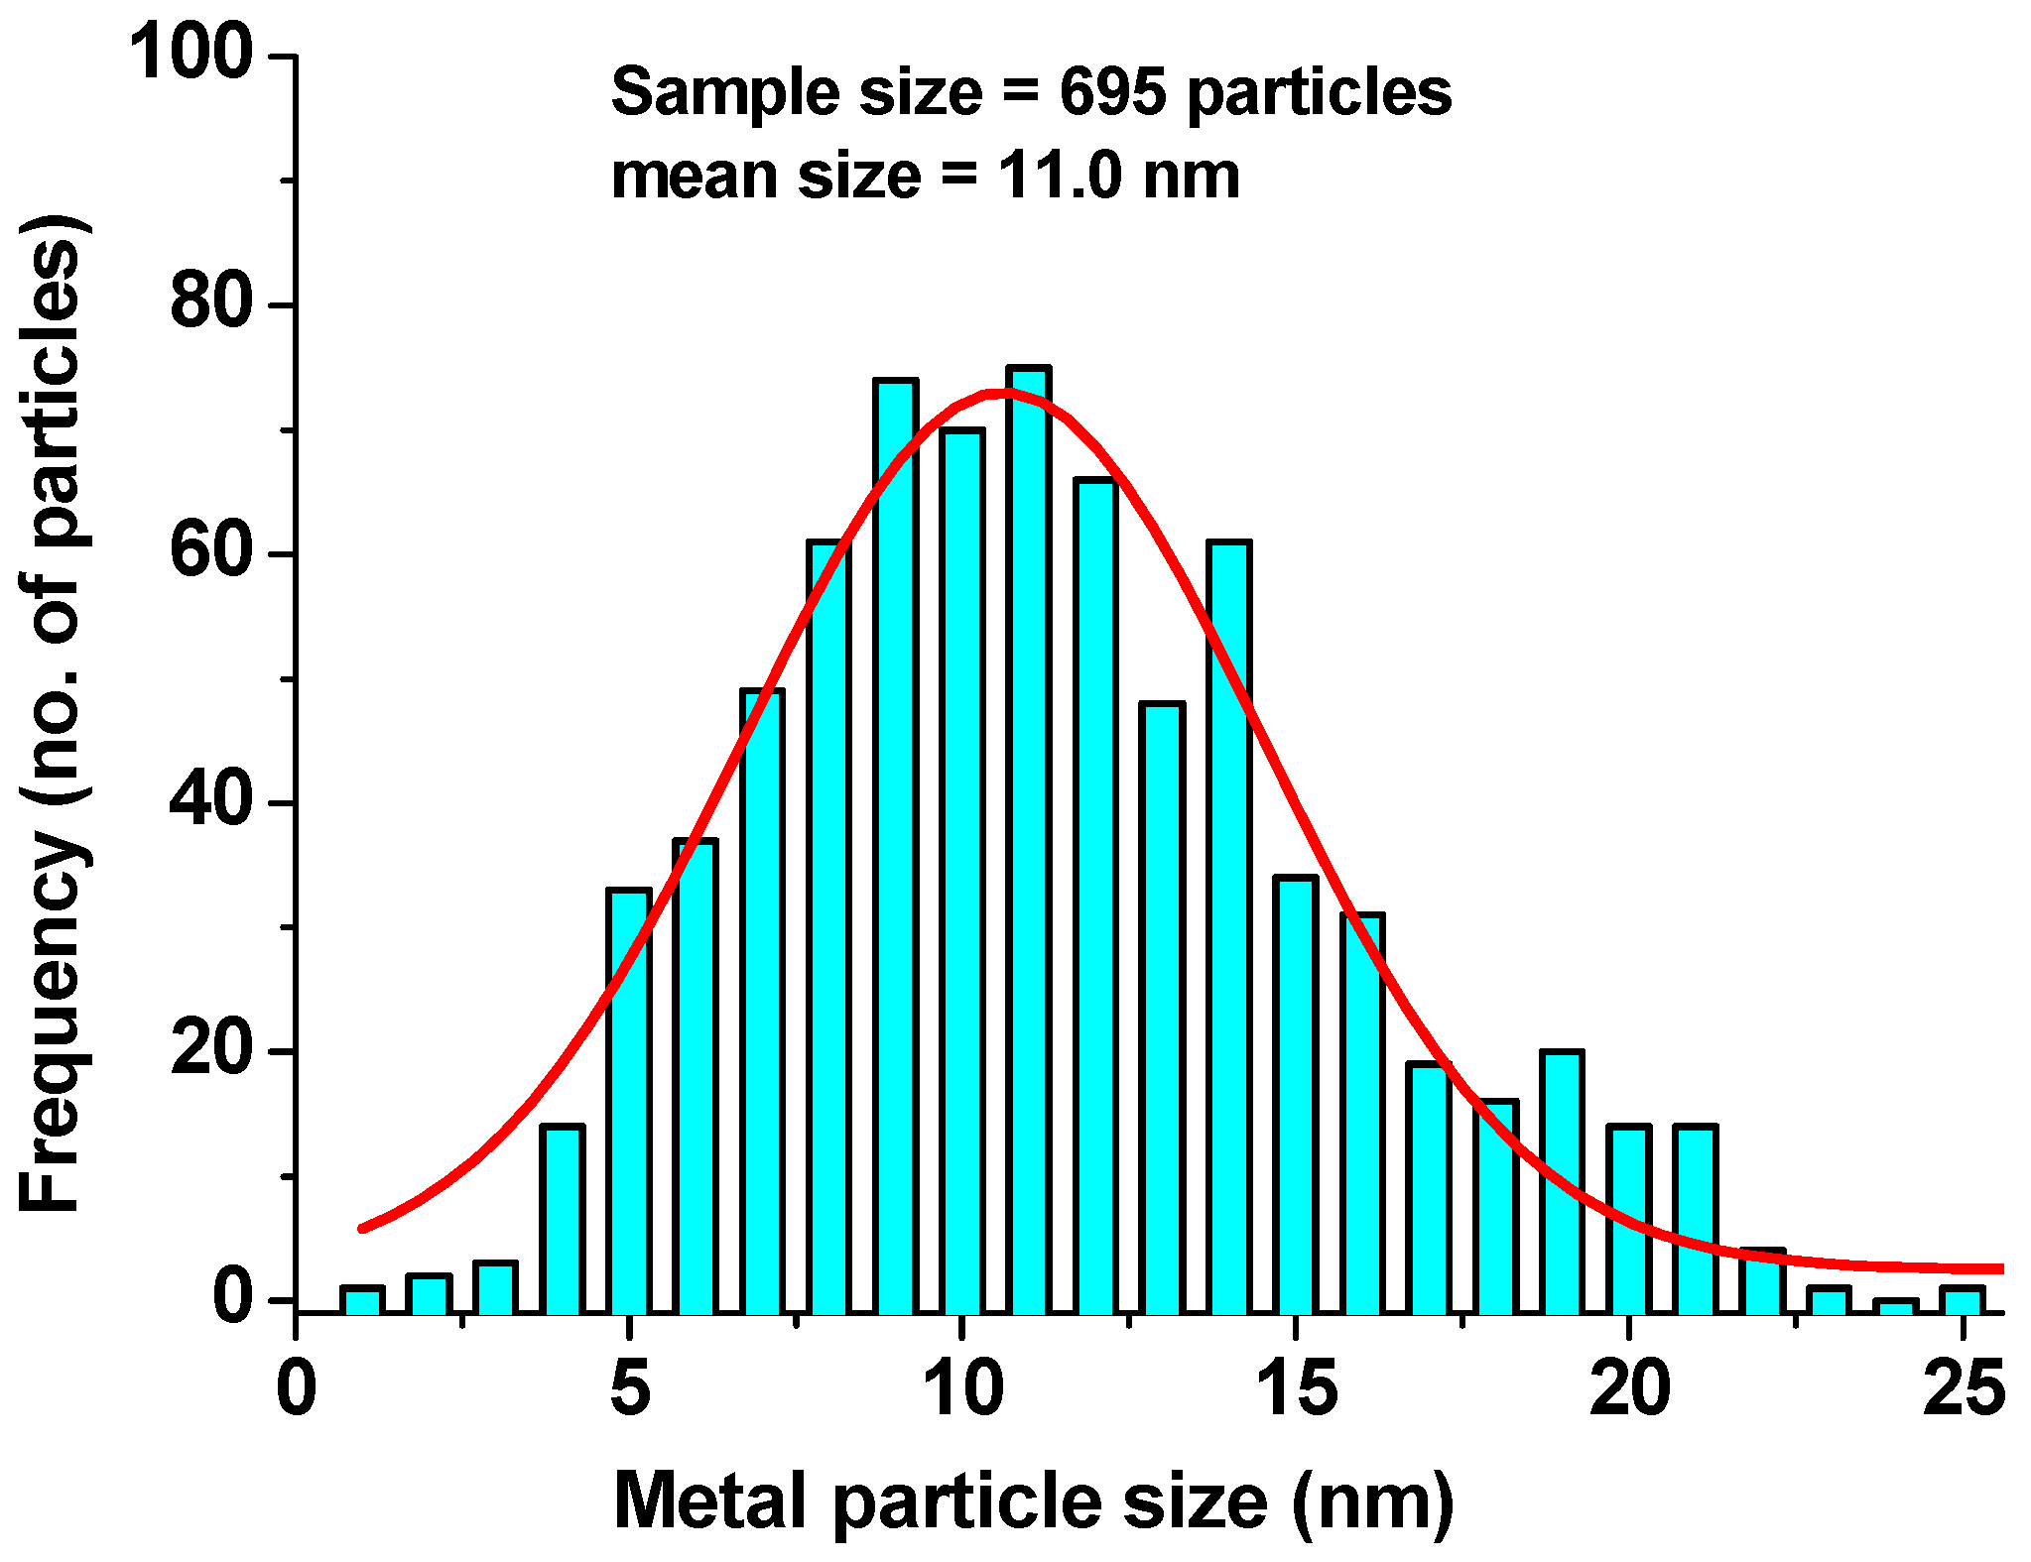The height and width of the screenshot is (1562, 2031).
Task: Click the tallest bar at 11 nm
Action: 1029,843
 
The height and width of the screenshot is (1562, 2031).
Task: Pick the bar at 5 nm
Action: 629,1101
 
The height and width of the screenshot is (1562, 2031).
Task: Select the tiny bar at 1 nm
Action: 362,1300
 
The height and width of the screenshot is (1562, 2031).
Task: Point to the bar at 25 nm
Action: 1962,1300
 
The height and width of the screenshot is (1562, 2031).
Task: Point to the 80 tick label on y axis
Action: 211,302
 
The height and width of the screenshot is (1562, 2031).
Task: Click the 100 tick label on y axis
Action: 191,54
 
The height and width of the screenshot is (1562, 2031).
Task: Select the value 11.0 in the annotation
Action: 1061,176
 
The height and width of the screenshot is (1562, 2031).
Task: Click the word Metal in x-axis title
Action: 712,1501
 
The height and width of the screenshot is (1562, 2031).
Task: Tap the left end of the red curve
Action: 362,1229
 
